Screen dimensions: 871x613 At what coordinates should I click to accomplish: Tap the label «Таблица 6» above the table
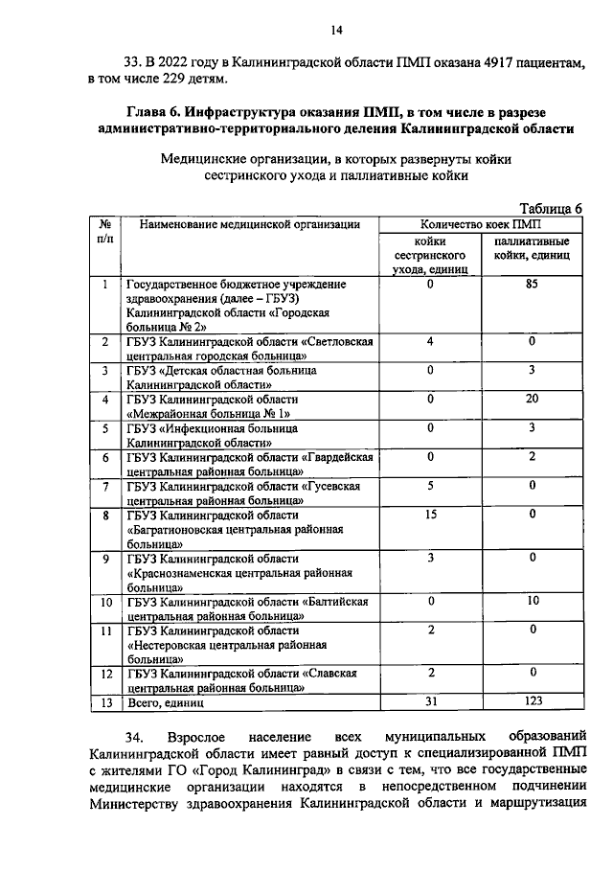point(551,208)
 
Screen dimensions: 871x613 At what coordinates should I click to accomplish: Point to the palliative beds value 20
point(532,399)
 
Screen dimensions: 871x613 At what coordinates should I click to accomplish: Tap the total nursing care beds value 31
point(430,702)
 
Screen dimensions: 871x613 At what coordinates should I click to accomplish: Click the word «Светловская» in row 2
point(339,342)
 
